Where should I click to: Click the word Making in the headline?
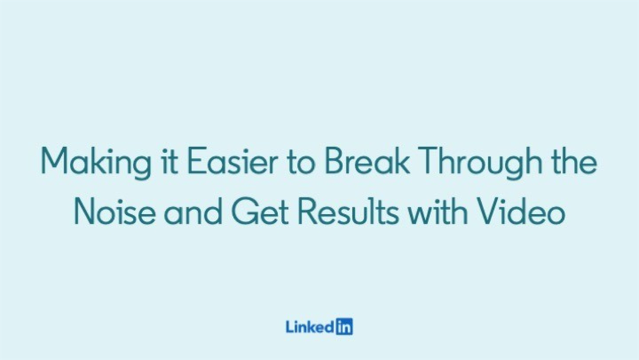96,162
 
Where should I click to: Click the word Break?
366,161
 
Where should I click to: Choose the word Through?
481,162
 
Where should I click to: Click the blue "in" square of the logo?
344,326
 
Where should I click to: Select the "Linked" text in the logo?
310,326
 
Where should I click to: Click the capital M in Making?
55,161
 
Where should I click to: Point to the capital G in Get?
244,211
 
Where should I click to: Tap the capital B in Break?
334,161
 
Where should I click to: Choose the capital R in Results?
307,211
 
